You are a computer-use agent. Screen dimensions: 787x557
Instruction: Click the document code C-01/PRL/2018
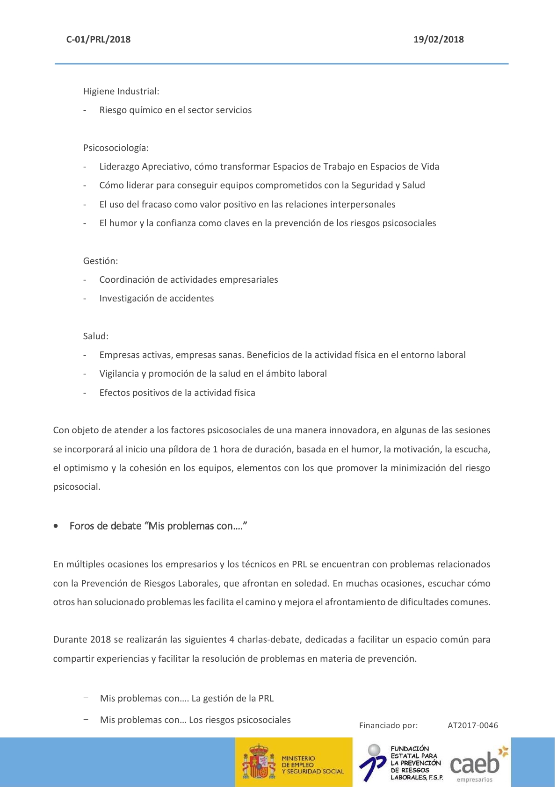[x=98, y=40]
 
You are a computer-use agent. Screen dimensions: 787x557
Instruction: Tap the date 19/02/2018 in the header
[x=438, y=40]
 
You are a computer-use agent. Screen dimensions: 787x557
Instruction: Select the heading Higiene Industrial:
[x=121, y=92]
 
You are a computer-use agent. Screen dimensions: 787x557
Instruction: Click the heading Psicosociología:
[x=116, y=148]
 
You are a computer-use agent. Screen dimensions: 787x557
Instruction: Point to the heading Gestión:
[x=101, y=261]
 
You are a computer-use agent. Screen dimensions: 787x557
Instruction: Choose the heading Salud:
[x=96, y=336]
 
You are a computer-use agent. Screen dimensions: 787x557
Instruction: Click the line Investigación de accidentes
[x=156, y=299]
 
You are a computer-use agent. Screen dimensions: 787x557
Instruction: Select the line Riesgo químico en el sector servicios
[x=175, y=110]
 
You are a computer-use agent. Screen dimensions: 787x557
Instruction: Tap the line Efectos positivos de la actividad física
[x=177, y=393]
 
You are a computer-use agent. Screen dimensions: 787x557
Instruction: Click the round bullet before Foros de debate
[x=56, y=526]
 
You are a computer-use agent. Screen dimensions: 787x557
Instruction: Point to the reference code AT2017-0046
[x=472, y=726]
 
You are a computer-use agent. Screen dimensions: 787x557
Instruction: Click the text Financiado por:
[x=388, y=726]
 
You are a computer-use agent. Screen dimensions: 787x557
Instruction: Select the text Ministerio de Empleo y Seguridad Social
[x=312, y=765]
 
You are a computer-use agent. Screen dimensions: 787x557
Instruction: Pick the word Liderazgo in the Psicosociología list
[x=119, y=167]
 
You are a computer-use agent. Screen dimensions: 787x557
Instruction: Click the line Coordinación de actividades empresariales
[x=188, y=280]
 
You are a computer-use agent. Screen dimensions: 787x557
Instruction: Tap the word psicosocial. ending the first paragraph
[x=77, y=487]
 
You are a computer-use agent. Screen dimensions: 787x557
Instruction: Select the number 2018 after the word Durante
[x=101, y=640]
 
